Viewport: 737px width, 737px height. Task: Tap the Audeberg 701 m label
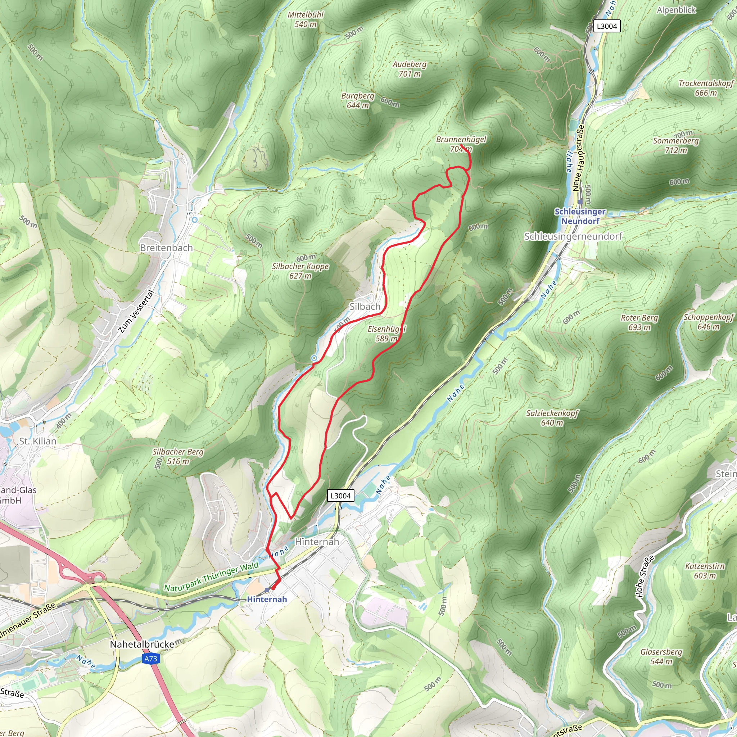click(x=409, y=69)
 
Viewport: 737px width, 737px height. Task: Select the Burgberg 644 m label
click(x=357, y=100)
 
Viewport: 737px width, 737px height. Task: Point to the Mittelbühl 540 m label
click(x=306, y=19)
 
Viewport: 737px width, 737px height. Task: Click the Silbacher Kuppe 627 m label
click(x=300, y=271)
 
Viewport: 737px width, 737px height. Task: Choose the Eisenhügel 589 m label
click(x=386, y=333)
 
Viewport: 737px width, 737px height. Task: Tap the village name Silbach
click(x=365, y=306)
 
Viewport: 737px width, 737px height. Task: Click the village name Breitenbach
click(x=166, y=248)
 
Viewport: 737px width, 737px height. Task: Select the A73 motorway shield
click(x=151, y=659)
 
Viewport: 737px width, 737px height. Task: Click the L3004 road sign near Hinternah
click(x=340, y=496)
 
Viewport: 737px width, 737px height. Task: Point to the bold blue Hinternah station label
click(x=267, y=599)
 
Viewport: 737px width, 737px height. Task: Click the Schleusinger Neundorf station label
click(x=580, y=216)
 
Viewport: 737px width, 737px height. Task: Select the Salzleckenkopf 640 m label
click(x=552, y=418)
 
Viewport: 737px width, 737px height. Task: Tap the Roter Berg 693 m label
click(x=639, y=322)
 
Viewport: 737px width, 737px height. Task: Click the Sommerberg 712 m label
click(x=676, y=145)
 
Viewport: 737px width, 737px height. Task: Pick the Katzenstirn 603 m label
click(x=705, y=571)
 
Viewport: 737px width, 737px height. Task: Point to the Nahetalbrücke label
click(x=142, y=644)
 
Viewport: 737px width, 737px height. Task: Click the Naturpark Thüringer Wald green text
click(x=211, y=577)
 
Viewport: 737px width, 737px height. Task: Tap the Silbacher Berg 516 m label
click(x=178, y=456)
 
